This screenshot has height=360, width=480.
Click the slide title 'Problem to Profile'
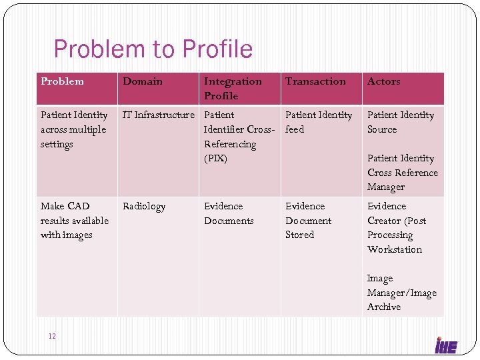pyautogui.click(x=153, y=49)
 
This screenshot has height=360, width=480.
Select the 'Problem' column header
pyautogui.click(x=62, y=81)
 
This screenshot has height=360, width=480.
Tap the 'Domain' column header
pyautogui.click(x=142, y=81)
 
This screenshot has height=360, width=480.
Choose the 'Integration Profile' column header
pyautogui.click(x=233, y=88)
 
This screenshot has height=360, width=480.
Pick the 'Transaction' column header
pyautogui.click(x=315, y=81)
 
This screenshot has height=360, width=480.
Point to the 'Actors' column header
pyautogui.click(x=383, y=81)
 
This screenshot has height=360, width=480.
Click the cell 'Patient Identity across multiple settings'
pyautogui.click(x=73, y=129)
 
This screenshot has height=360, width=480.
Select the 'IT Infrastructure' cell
pyautogui.click(x=158, y=115)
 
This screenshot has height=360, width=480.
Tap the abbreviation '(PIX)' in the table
pyautogui.click(x=215, y=159)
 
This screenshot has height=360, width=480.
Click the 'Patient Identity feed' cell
pyautogui.click(x=318, y=122)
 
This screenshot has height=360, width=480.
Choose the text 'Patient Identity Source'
pyautogui.click(x=400, y=122)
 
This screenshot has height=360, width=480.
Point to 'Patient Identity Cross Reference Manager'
pyautogui.click(x=402, y=173)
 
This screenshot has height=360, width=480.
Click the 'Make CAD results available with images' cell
pyautogui.click(x=74, y=221)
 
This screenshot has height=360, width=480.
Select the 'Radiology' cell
pyautogui.click(x=143, y=207)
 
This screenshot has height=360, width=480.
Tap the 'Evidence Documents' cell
pyautogui.click(x=229, y=213)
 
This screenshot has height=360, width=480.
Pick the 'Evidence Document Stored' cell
pyautogui.click(x=308, y=221)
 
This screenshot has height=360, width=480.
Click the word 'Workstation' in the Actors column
pyautogui.click(x=394, y=250)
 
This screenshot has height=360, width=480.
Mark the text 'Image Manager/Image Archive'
pyautogui.click(x=401, y=293)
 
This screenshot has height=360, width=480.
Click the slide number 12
pyautogui.click(x=52, y=335)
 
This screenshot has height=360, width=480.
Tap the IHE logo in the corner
pyautogui.click(x=446, y=345)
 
